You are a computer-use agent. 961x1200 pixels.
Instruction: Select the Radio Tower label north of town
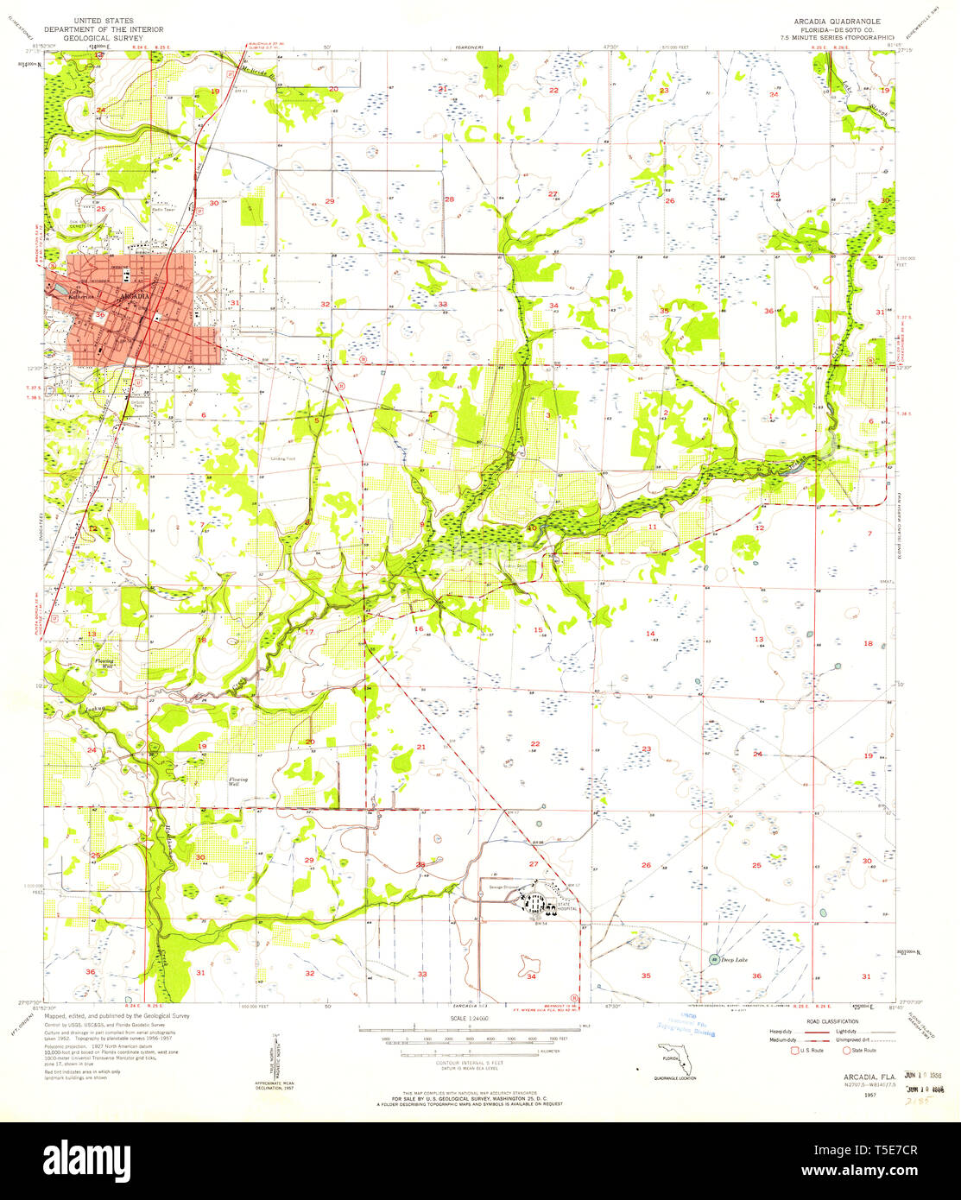[164, 208]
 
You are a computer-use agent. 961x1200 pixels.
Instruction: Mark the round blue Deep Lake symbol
[714, 959]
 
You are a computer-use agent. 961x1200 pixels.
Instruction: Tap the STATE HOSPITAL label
[567, 906]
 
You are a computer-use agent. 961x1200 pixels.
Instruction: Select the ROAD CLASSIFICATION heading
[831, 1021]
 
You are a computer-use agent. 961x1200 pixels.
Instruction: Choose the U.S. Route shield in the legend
[795, 1050]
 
